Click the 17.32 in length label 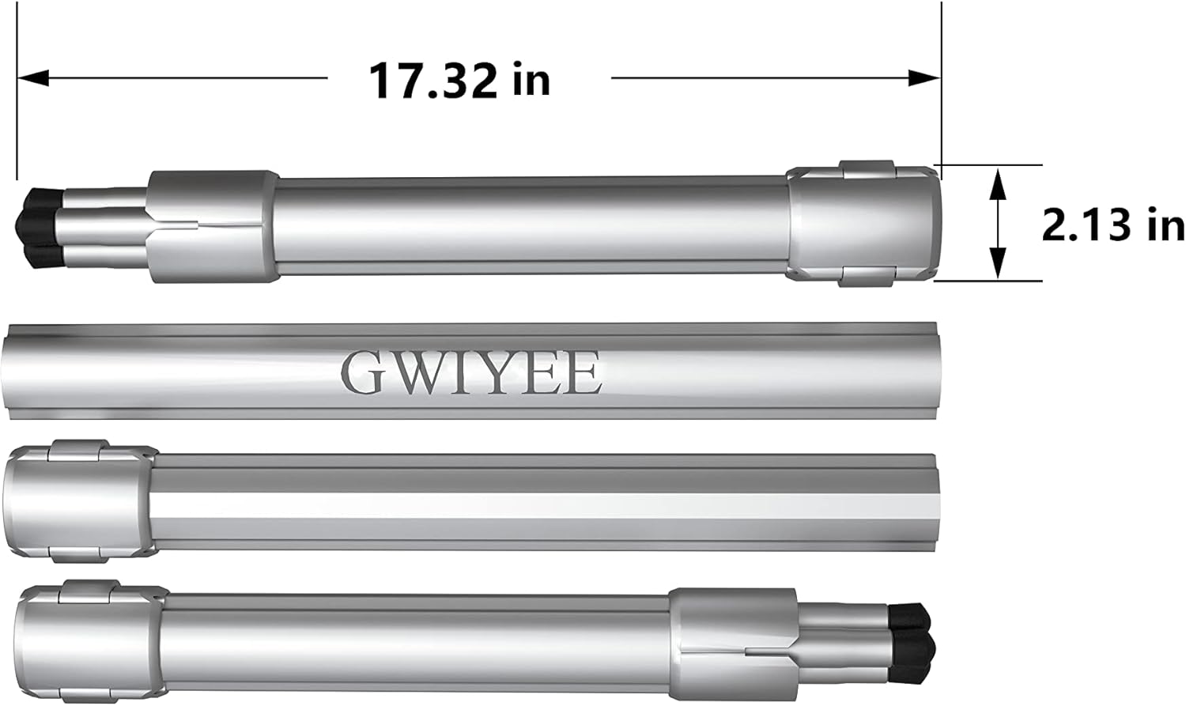click(459, 81)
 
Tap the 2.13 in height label click(1113, 225)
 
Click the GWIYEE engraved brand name click(471, 373)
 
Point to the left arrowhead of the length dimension click(33, 78)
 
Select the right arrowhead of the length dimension click(924, 78)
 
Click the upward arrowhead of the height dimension click(998, 184)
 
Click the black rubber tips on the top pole click(40, 228)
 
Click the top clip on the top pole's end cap click(867, 170)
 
